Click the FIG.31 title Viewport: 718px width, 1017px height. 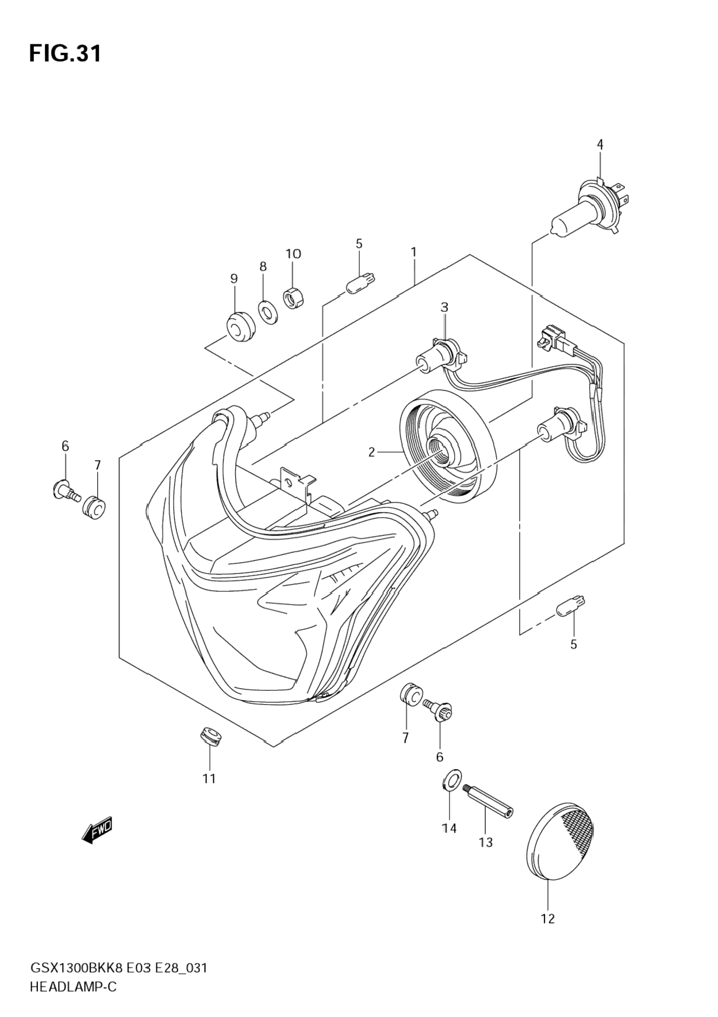click(x=66, y=53)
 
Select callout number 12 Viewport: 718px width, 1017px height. click(x=548, y=919)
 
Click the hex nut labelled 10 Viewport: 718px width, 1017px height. click(x=295, y=297)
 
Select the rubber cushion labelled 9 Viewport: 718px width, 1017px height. click(x=237, y=329)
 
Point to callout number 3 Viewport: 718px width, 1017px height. click(x=444, y=308)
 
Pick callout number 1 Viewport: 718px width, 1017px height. click(x=413, y=252)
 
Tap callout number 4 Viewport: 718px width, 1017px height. click(x=600, y=144)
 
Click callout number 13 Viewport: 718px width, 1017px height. click(x=486, y=842)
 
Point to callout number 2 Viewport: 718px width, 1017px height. click(x=371, y=453)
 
